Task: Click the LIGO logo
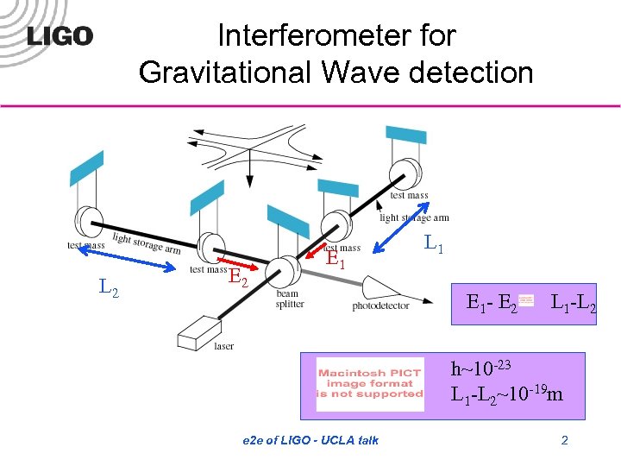pos(60,36)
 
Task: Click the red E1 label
pos(336,258)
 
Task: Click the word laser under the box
pos(224,347)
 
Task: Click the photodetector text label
pos(380,306)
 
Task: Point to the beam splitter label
pos(289,299)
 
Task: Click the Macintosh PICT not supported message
pos(370,383)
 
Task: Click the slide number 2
pos(564,441)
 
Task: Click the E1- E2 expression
pos(492,303)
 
